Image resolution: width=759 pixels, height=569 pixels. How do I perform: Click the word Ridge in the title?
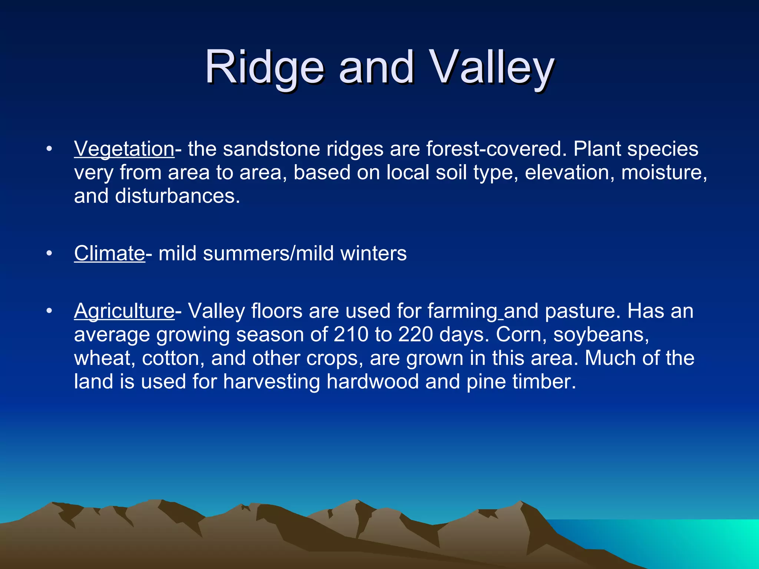click(x=265, y=67)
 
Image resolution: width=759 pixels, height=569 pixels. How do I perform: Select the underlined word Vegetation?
click(x=124, y=149)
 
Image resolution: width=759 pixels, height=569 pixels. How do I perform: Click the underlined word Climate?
click(x=109, y=253)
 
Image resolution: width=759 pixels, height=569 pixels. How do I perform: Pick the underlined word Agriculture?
click(x=124, y=311)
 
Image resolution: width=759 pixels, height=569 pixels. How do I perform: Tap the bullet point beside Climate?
click(x=49, y=254)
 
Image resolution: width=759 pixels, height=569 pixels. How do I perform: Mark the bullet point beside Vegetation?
click(x=49, y=150)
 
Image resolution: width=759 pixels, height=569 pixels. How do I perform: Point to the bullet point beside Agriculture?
click(x=49, y=312)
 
